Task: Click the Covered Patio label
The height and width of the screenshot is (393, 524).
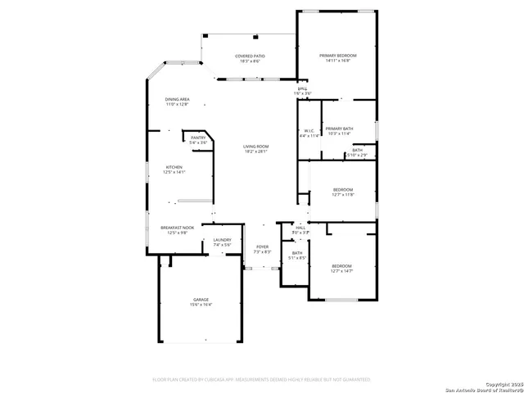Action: click(x=251, y=56)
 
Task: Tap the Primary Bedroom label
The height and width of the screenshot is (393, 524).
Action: click(x=337, y=55)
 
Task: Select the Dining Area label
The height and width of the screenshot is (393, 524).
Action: click(x=177, y=99)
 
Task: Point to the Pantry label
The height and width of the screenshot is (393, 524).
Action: click(x=198, y=138)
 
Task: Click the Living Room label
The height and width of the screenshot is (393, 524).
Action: click(x=255, y=147)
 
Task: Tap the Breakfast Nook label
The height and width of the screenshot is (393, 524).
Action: click(x=177, y=228)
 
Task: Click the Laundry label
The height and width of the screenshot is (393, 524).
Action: click(x=222, y=240)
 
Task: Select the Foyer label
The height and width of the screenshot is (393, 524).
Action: click(x=262, y=246)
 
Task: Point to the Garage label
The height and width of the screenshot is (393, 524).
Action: click(x=201, y=300)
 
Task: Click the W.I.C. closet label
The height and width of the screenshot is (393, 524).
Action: click(x=309, y=130)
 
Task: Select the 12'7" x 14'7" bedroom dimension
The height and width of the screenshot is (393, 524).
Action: click(x=341, y=270)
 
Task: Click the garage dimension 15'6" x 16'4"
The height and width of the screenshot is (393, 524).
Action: click(x=201, y=305)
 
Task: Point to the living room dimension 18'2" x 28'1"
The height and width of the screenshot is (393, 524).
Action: click(x=255, y=151)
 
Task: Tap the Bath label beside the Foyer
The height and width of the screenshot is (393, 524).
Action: click(x=297, y=253)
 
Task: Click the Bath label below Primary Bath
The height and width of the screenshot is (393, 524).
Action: click(x=358, y=150)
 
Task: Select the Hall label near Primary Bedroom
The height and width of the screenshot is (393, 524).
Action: click(x=302, y=88)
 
